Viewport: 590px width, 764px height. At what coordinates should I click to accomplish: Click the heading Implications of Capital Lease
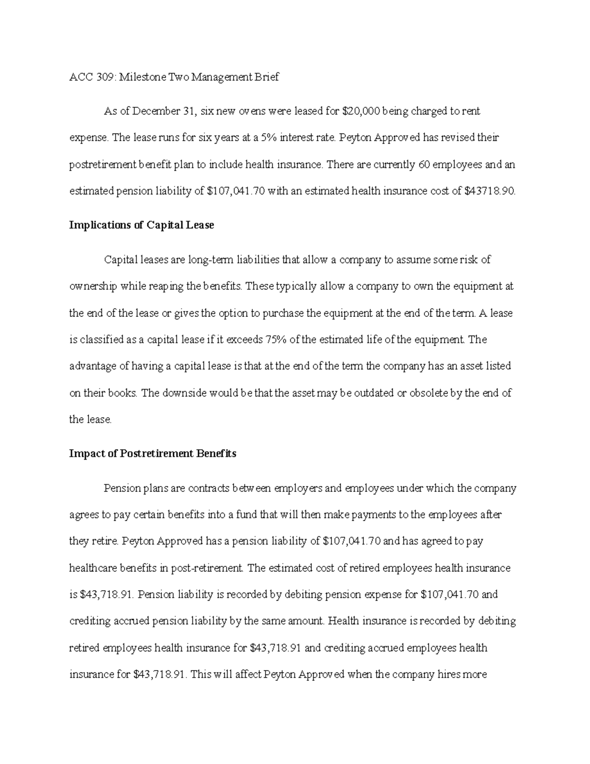(142, 225)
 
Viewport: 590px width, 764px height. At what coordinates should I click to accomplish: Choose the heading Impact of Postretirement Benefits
(152, 454)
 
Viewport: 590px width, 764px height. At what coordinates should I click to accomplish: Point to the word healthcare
(93, 568)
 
